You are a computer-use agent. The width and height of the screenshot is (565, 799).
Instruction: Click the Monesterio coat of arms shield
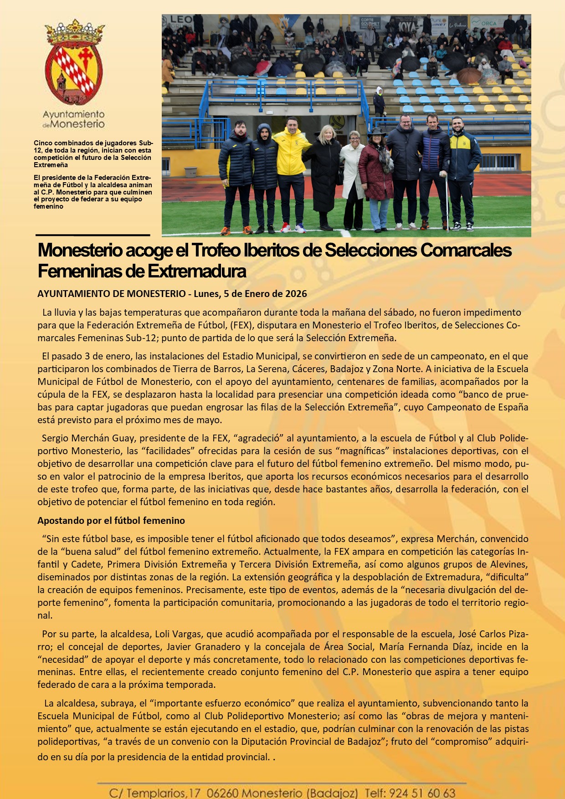coord(74,68)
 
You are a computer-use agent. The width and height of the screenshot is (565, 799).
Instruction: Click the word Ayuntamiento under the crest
coord(73,114)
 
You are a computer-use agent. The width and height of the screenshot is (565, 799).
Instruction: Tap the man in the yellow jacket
coord(291,155)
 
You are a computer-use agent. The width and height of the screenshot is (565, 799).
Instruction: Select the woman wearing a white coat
coord(353,169)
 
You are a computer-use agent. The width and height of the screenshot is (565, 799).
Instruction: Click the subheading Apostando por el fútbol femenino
coord(111,520)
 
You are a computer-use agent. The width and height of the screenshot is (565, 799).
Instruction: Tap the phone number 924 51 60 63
coord(422,793)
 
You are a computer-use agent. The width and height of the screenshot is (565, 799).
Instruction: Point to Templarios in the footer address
coord(156,793)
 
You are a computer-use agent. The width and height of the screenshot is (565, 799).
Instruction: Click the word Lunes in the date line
coord(206,294)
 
